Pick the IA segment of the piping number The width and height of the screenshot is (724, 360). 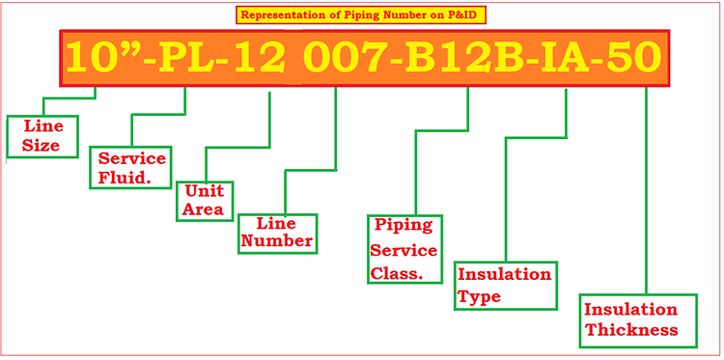pos(564,58)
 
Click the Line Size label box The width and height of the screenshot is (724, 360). pos(41,136)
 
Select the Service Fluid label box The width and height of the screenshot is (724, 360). pos(131,167)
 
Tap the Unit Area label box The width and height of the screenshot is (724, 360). pos(205,200)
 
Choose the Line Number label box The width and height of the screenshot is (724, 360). pos(277,232)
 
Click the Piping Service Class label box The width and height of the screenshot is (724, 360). pos(404,250)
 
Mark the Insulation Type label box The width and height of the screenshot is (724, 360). pos(505,285)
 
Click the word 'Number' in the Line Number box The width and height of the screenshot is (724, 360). pos(277,241)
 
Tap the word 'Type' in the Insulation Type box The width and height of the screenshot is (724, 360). pos(480,296)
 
